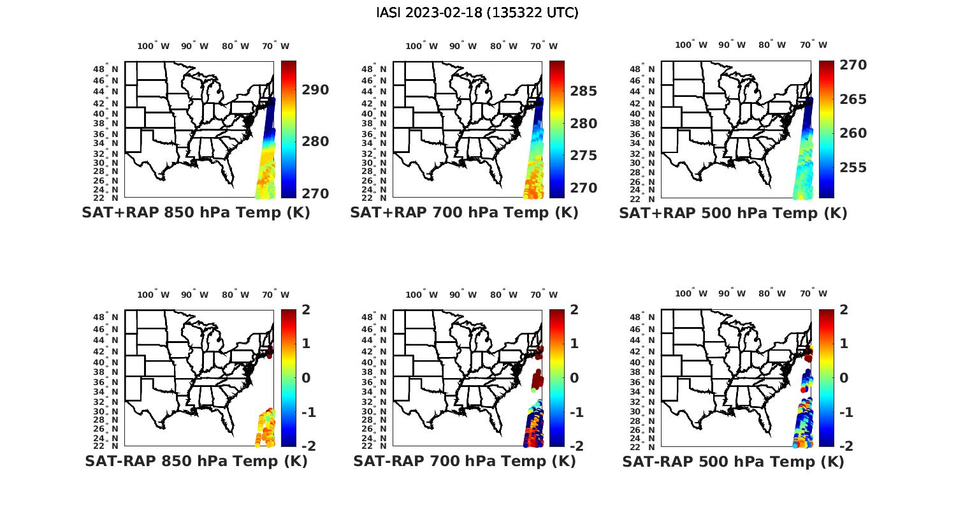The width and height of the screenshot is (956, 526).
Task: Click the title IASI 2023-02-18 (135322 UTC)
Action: (x=477, y=13)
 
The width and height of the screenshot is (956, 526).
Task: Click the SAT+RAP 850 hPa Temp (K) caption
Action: (x=196, y=213)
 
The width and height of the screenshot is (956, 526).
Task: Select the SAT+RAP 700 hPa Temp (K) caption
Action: (x=464, y=213)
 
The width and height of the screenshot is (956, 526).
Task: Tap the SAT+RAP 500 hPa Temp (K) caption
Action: (x=733, y=214)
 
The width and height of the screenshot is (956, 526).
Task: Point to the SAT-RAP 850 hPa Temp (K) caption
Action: (x=196, y=461)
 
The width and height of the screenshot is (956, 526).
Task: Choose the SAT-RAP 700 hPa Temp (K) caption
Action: (x=464, y=461)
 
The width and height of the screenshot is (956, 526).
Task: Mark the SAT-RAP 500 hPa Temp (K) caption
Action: (x=733, y=462)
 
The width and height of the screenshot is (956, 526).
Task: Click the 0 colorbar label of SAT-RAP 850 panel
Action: (x=305, y=377)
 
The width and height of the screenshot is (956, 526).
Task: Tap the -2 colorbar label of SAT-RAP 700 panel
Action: (x=575, y=446)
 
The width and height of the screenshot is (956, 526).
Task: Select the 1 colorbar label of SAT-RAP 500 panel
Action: (x=844, y=343)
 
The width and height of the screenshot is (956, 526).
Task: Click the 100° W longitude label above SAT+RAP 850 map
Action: (x=153, y=46)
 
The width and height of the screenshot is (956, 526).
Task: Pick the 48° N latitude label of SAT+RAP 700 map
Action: (x=373, y=69)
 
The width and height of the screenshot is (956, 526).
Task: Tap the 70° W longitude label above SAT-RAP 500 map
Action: (x=813, y=293)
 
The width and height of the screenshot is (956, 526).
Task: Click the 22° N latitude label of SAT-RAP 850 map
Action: (x=106, y=446)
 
